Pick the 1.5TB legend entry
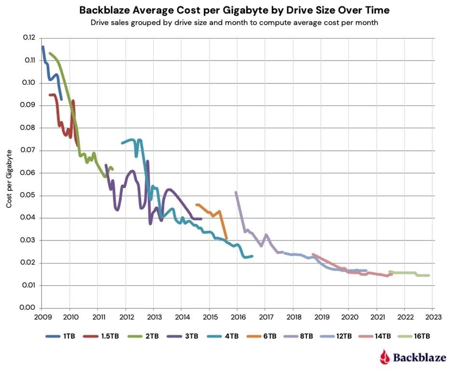97,336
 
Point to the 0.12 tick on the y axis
29,38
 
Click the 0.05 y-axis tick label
29,195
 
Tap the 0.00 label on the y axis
29,308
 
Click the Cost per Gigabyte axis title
9,179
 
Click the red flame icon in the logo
384,357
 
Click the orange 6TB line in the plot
212,211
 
